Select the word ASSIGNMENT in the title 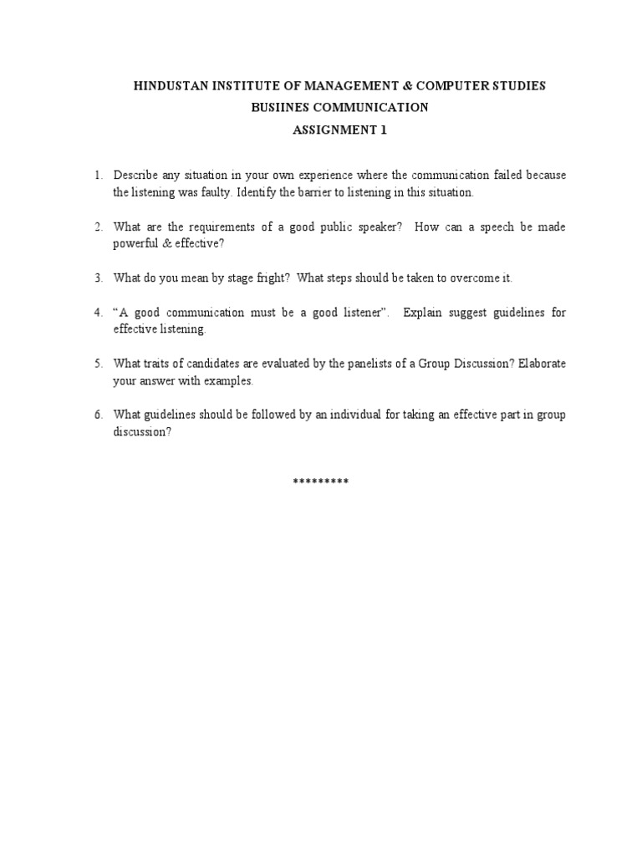pyautogui.click(x=331, y=130)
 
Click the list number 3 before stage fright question pyautogui.click(x=98, y=278)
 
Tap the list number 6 pyautogui.click(x=98, y=415)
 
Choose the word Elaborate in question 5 pyautogui.click(x=537, y=364)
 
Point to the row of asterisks pyautogui.click(x=321, y=482)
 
